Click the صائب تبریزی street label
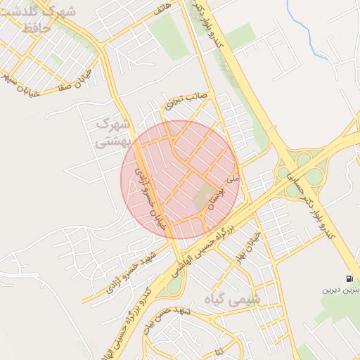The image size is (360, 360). click(184, 101)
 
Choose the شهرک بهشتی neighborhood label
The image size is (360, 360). click(112, 131)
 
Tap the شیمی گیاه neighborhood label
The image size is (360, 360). click(236, 298)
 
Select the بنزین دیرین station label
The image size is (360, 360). click(341, 289)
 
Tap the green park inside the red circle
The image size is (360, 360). click(207, 197)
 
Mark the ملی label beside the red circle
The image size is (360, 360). click(236, 181)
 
